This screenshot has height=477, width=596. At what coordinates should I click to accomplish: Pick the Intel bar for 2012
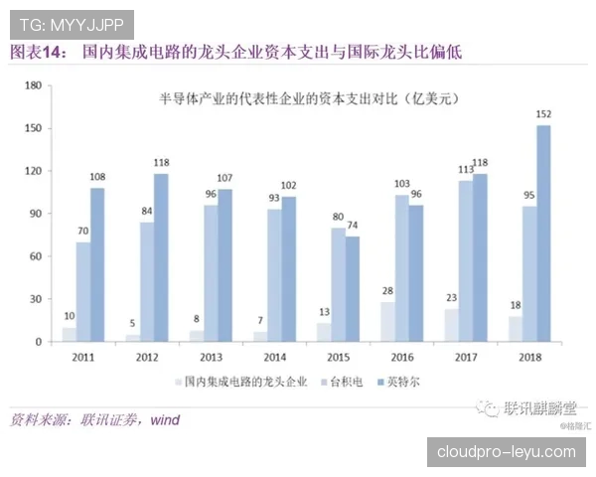[162, 257]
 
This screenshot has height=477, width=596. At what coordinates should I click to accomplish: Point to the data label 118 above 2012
[162, 163]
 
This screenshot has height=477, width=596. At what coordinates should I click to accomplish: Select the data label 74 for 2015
[353, 226]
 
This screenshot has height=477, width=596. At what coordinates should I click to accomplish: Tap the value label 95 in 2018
[529, 196]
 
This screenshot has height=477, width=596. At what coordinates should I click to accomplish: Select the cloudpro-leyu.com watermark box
[506, 451]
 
